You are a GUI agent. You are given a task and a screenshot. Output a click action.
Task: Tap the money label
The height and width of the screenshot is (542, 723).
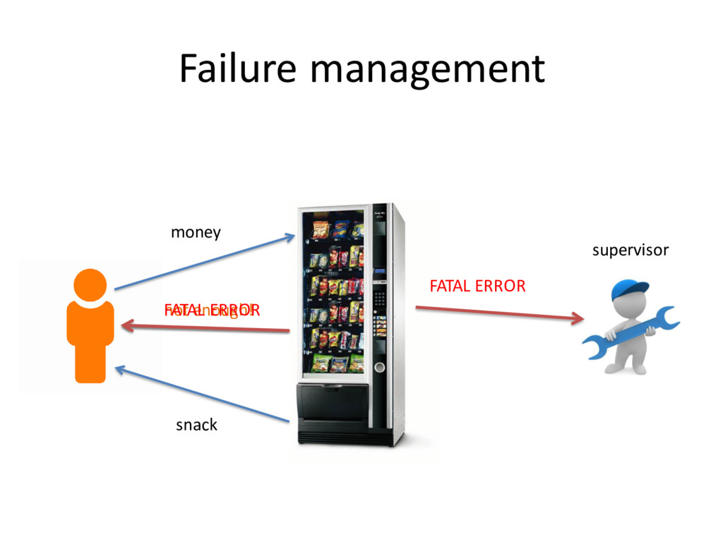(x=196, y=232)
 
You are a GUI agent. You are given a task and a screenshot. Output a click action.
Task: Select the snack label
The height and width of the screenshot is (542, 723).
(x=196, y=425)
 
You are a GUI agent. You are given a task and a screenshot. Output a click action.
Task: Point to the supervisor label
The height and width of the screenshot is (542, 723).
(x=630, y=250)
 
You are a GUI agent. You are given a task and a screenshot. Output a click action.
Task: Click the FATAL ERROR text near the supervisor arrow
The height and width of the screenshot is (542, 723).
(x=477, y=286)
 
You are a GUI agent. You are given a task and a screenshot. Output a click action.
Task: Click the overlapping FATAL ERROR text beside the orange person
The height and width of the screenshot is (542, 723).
(x=212, y=311)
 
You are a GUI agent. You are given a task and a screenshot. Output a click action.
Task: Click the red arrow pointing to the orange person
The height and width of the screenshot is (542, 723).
(x=205, y=327)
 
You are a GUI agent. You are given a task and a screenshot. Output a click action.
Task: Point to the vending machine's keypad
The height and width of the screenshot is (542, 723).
(x=379, y=297)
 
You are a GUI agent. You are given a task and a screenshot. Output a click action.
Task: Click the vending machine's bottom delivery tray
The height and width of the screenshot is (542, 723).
(x=333, y=402)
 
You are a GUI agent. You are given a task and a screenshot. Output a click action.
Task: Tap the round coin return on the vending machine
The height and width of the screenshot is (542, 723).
(x=379, y=367)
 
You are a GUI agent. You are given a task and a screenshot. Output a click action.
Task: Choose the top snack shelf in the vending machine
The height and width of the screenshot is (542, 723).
(x=338, y=229)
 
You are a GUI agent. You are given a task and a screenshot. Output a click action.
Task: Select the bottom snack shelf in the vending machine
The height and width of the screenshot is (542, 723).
(x=338, y=363)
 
